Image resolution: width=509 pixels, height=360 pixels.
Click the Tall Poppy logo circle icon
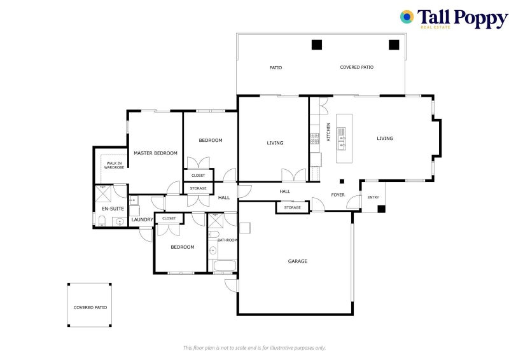(x=407, y=17)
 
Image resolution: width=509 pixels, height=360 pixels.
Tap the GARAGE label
(x=297, y=261)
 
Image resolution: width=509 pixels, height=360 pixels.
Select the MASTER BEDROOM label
(x=155, y=153)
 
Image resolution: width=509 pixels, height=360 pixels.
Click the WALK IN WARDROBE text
(x=115, y=165)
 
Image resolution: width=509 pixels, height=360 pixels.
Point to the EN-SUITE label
(x=113, y=208)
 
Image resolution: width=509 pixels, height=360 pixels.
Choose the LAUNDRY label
(x=141, y=220)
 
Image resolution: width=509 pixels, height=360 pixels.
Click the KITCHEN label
(x=328, y=132)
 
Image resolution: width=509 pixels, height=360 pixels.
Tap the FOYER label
(x=338, y=195)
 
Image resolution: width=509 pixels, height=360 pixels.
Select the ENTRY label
(x=373, y=197)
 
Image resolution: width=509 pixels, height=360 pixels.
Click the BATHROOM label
(x=228, y=240)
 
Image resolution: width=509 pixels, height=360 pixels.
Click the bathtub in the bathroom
(x=225, y=265)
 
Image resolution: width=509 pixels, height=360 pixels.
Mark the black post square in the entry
(x=380, y=208)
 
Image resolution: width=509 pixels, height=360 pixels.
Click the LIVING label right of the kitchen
(x=385, y=138)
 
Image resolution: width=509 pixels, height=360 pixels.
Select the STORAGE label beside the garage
(x=293, y=207)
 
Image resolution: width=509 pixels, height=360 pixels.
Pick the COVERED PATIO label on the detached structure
(x=90, y=307)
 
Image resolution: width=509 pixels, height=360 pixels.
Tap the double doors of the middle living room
(x=294, y=175)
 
